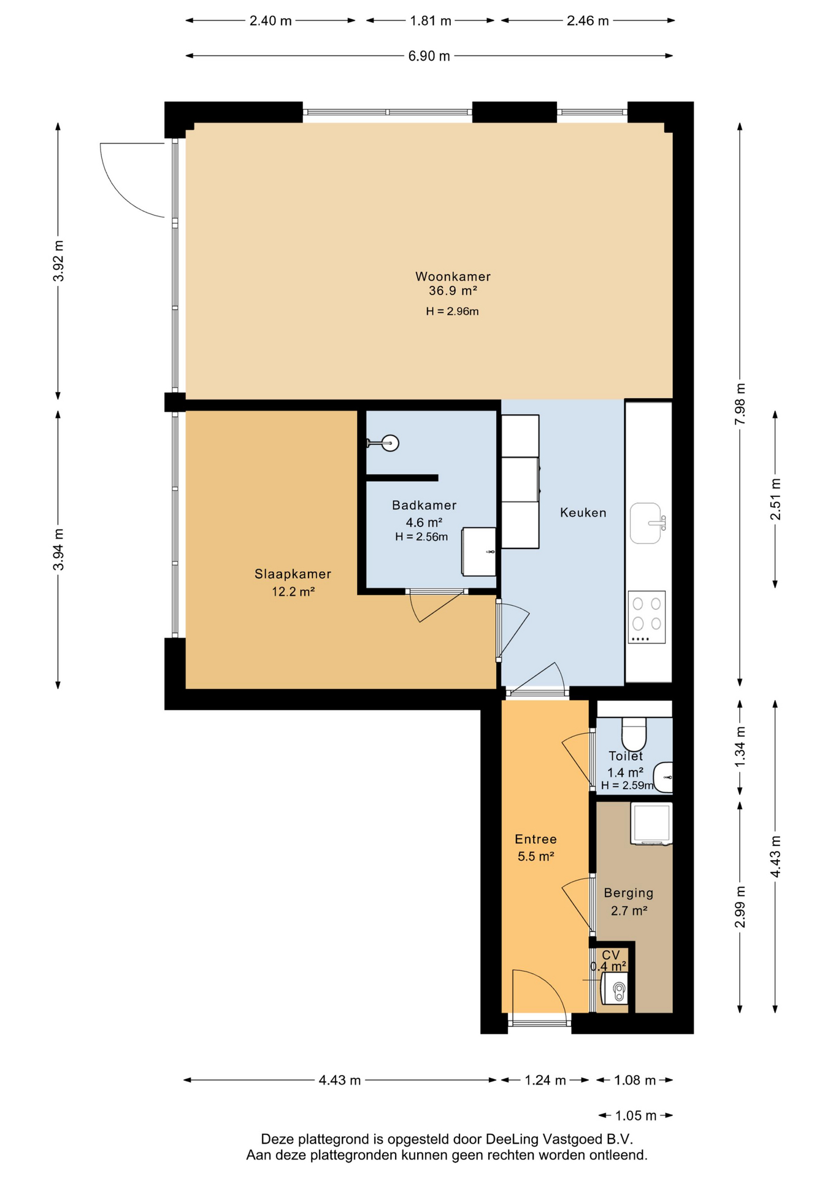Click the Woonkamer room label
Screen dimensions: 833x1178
pos(453,277)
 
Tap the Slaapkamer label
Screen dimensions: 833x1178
pos(293,574)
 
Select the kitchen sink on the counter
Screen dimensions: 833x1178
pos(646,523)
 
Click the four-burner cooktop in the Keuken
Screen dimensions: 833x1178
pos(647,617)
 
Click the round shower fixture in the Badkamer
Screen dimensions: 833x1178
pos(390,443)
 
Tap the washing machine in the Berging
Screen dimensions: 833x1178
pos(651,824)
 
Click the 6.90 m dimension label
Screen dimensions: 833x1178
pos(429,56)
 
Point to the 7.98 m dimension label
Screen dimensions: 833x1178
pos(740,404)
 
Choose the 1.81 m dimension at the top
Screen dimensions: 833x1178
pos(431,21)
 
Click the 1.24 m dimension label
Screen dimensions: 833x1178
pos(545,1080)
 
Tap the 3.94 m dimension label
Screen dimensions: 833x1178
pos(59,549)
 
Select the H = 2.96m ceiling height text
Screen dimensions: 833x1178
pos(453,312)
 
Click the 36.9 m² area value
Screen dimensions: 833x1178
pos(453,291)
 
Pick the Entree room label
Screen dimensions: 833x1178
pos(535,839)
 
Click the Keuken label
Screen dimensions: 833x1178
pos(583,513)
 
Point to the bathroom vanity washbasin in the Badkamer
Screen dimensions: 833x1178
pos(479,552)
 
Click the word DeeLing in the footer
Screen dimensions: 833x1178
pos(512,1139)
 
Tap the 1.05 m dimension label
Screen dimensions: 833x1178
pos(635,1116)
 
